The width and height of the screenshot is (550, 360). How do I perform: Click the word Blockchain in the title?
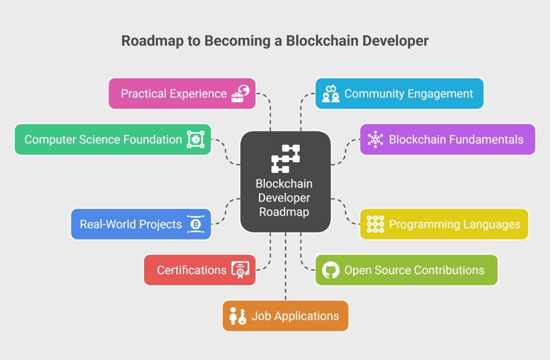(x=322, y=41)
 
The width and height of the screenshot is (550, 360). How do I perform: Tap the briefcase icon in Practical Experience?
(x=240, y=94)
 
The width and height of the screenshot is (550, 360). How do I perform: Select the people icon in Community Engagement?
(x=331, y=94)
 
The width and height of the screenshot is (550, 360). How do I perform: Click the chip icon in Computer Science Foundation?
(x=196, y=139)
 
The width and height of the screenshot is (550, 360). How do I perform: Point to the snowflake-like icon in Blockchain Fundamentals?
(x=375, y=139)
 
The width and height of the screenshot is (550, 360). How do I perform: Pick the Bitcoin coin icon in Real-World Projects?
(x=196, y=224)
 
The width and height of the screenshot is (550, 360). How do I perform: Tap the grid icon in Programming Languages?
(x=375, y=224)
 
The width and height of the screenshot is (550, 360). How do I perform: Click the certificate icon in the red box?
(x=240, y=270)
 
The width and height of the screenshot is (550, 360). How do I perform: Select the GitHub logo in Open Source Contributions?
(x=331, y=270)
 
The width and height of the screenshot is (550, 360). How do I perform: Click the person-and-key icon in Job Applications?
(x=238, y=316)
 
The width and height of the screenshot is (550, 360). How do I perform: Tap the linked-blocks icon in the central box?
(x=286, y=159)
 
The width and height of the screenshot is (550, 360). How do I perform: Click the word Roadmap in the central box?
(x=284, y=212)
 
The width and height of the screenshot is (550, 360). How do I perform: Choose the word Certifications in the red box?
(x=192, y=270)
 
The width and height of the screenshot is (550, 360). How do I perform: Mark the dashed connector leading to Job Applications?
(x=286, y=266)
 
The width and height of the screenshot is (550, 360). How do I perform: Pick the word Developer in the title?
(x=396, y=41)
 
